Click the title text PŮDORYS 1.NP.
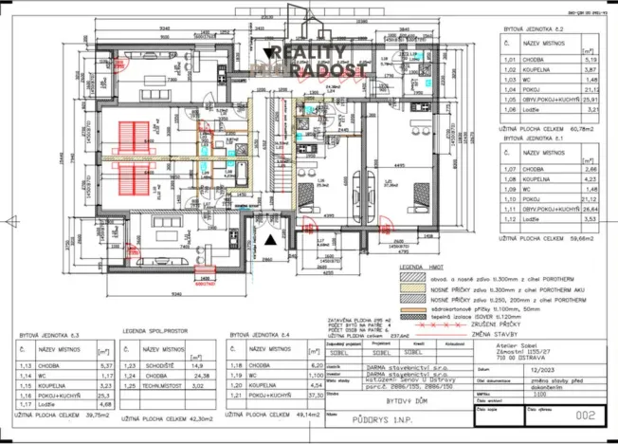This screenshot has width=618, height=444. tap(365, 416)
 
